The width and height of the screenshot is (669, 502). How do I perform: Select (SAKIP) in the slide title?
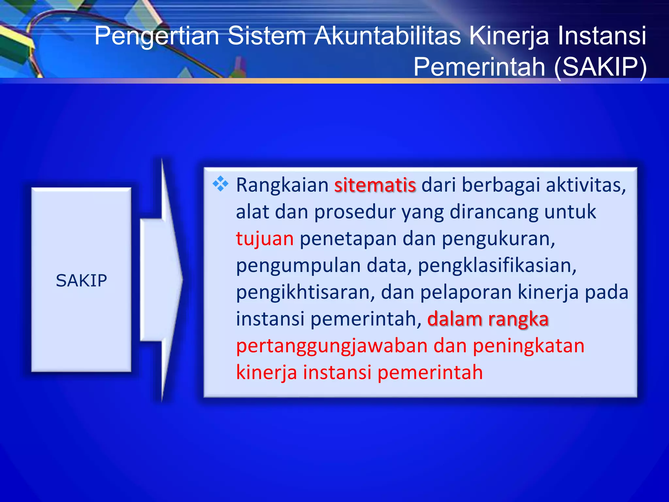click(600, 67)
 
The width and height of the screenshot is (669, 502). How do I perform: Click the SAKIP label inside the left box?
click(81, 280)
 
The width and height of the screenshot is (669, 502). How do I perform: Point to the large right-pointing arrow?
click(161, 280)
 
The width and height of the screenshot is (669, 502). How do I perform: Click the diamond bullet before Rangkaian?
click(220, 184)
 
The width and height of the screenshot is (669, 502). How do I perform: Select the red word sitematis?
click(375, 185)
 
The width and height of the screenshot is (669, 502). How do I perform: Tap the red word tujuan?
click(265, 239)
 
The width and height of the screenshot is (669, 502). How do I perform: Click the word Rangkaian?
click(282, 185)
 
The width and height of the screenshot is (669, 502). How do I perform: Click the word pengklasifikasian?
click(497, 265)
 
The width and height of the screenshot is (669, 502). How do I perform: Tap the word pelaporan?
click(465, 292)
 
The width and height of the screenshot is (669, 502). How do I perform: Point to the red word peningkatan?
click(529, 346)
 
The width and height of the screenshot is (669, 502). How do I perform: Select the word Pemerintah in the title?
click(479, 67)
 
